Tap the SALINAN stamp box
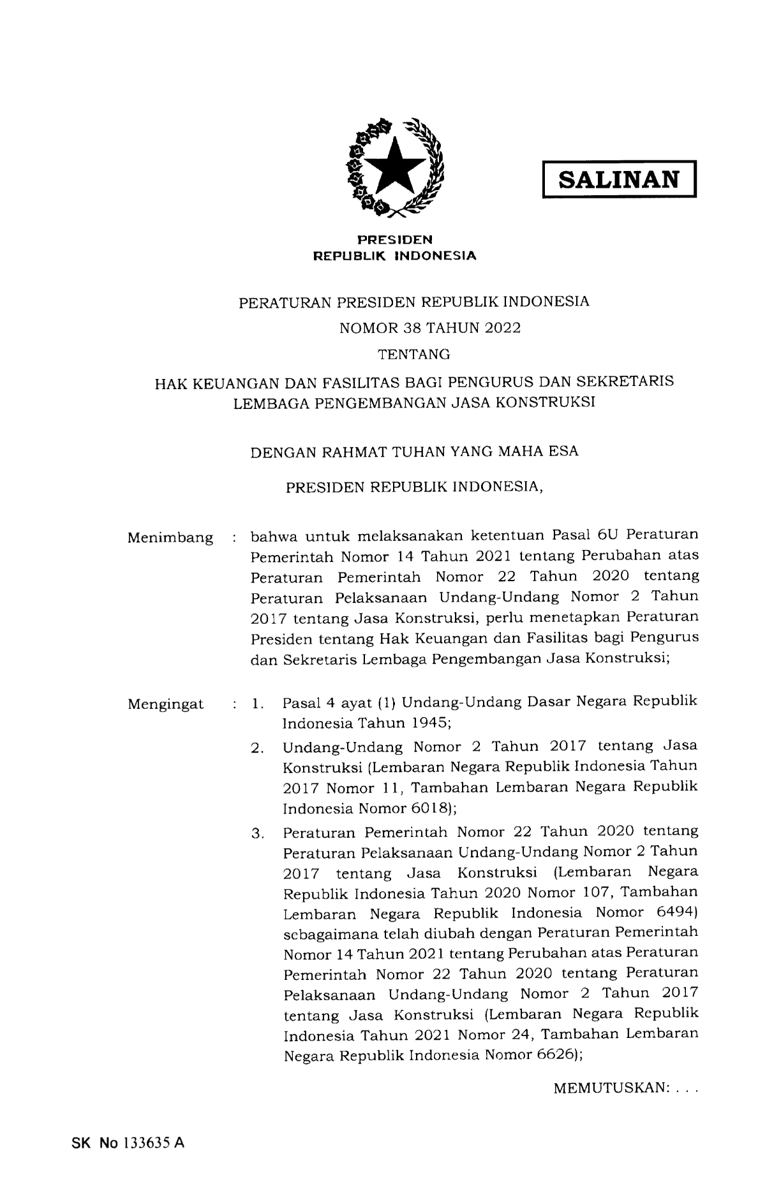point(618,179)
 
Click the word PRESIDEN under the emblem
point(394,240)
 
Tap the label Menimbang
point(170,538)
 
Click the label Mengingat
point(166,705)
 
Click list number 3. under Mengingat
point(258,834)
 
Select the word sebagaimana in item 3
point(328,933)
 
